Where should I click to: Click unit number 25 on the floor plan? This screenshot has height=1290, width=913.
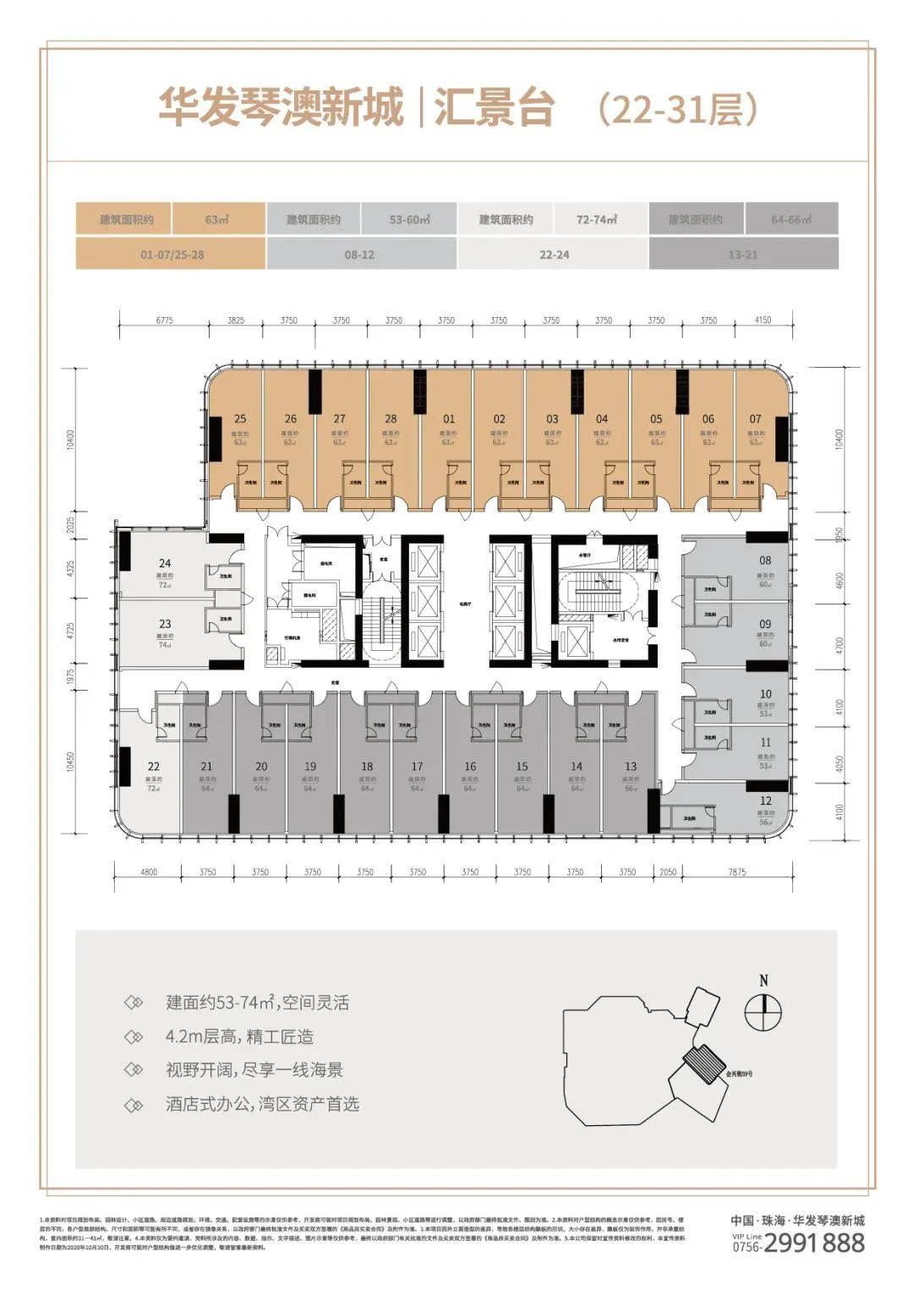coord(240,418)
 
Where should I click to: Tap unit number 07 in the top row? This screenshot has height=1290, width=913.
coord(755,418)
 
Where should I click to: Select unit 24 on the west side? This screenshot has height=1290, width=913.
coord(165,563)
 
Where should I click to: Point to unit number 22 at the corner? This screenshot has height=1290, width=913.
coord(153,767)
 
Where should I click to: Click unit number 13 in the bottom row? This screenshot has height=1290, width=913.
coord(631,767)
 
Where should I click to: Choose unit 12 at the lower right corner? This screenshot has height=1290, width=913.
coord(766,801)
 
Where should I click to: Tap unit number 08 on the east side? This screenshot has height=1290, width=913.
coord(765,560)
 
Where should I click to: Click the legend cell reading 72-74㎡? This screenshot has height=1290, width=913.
coord(597,219)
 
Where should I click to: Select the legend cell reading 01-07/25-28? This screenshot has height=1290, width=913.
coord(172,254)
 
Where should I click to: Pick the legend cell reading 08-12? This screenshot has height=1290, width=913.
coord(359,254)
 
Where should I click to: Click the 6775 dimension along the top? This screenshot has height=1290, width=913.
coord(165,320)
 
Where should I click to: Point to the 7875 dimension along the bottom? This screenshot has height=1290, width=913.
coord(737,872)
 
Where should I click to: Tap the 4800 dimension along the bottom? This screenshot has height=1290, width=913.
coord(148,872)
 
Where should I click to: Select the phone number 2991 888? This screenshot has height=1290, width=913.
coord(814,1243)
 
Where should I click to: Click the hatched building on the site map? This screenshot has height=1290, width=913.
coord(703,1062)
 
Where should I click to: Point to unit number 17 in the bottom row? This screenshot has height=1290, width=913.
coord(417,767)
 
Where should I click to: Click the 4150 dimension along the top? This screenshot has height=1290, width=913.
coord(763,320)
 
